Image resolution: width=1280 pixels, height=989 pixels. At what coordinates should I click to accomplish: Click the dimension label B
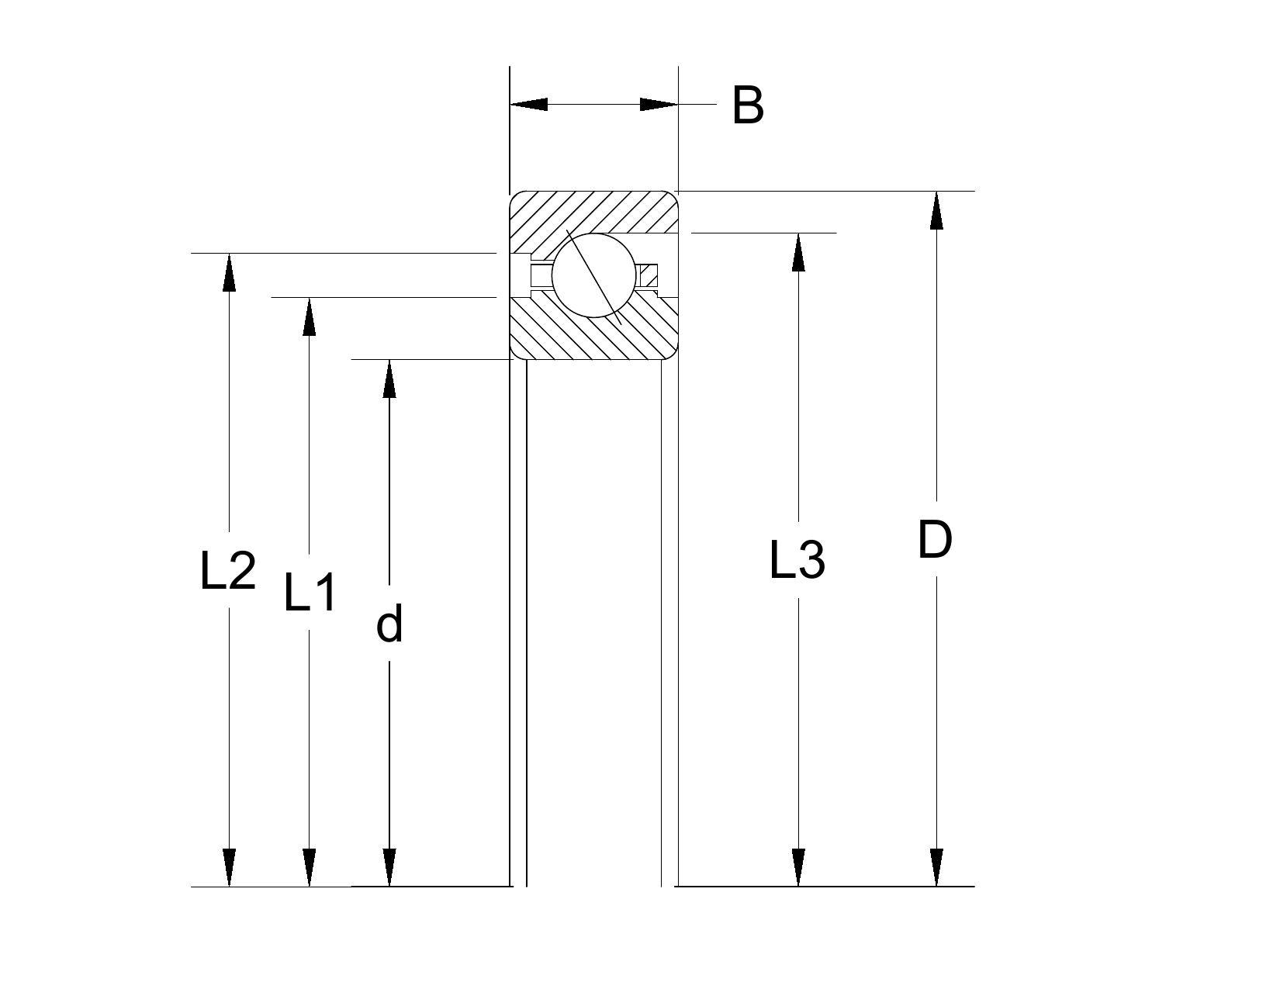click(748, 105)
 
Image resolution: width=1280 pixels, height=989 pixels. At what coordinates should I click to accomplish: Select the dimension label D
click(935, 540)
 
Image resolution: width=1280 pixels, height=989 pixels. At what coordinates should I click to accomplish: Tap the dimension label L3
click(797, 560)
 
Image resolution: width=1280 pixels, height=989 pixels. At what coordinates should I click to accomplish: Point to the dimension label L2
click(228, 570)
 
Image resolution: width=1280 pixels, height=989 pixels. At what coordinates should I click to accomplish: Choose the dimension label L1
click(310, 592)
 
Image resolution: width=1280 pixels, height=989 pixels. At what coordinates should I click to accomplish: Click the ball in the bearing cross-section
click(593, 275)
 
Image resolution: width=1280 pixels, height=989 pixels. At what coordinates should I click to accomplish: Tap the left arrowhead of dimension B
click(528, 104)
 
